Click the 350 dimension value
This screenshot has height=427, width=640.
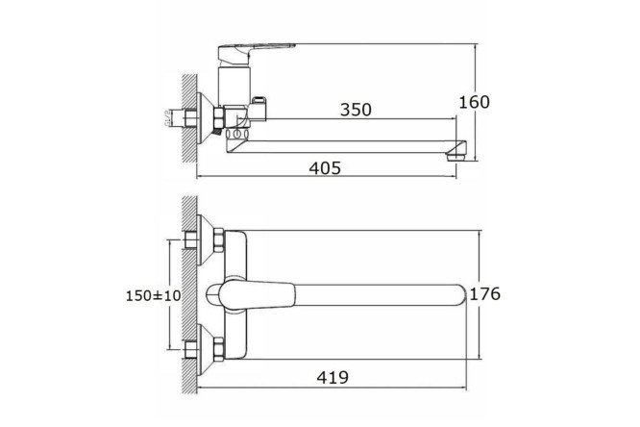356,110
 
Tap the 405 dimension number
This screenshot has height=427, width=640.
325,168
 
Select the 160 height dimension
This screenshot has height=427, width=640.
474,102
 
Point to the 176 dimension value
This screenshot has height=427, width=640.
485,293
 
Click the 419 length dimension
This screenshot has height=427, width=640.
332,377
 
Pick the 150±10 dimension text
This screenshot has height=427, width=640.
153,295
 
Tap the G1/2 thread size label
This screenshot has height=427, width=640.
168,118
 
